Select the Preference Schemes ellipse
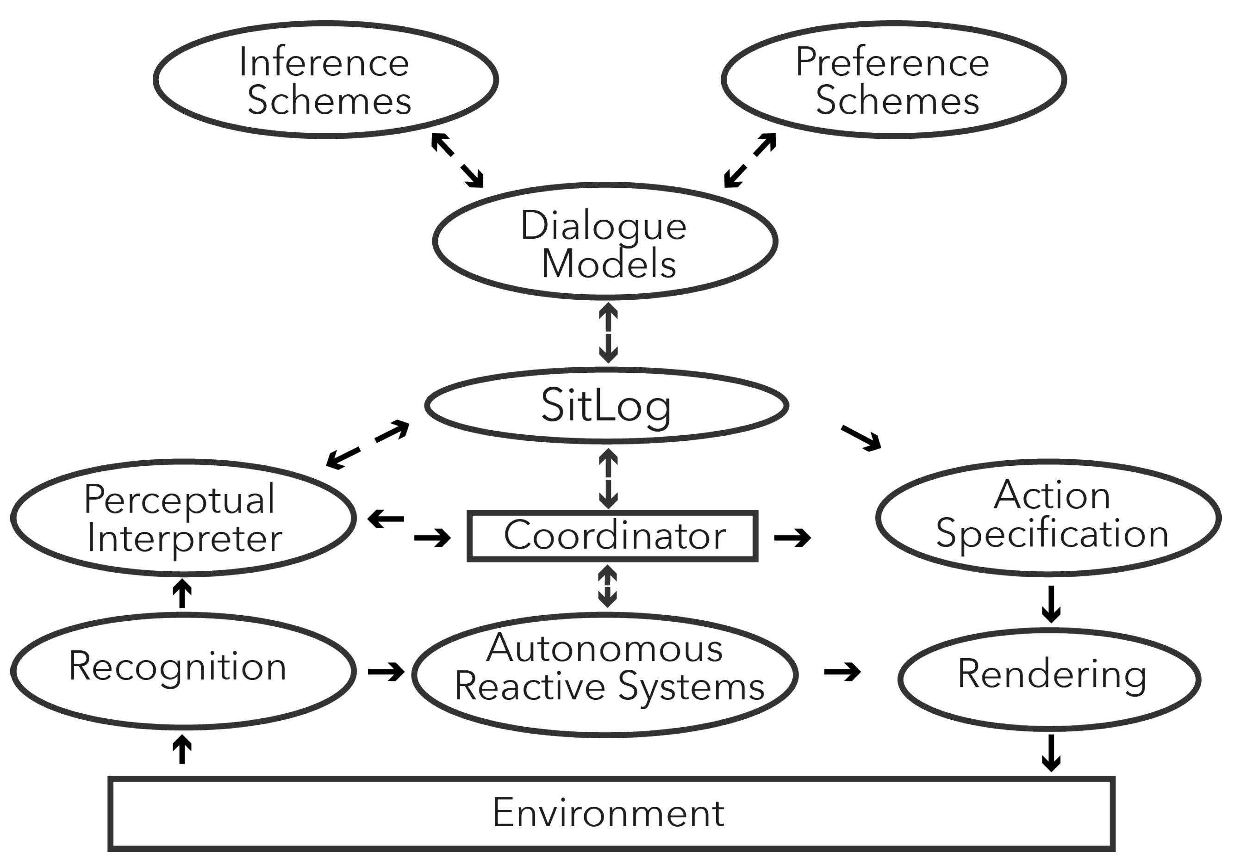click(893, 80)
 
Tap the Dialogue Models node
click(605, 242)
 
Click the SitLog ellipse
click(606, 406)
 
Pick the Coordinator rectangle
click(613, 536)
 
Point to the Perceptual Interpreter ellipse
click(183, 519)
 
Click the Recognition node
click(183, 671)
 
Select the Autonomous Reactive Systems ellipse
click(605, 674)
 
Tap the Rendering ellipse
click(1049, 679)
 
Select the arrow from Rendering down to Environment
click(1051, 752)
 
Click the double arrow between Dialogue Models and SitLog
click(608, 333)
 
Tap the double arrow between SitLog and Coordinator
click(608, 478)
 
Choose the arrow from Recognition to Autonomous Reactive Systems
click(386, 672)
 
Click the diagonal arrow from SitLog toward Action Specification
click(861, 438)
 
